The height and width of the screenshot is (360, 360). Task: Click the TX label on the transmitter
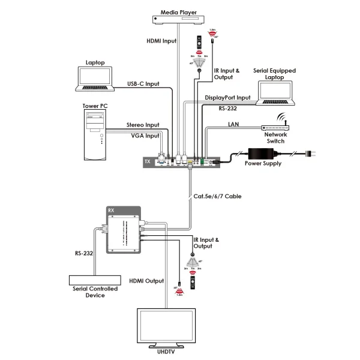coord(148,161)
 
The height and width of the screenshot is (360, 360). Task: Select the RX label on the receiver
coord(111,210)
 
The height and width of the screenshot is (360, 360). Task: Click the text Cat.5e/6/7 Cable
coord(217,196)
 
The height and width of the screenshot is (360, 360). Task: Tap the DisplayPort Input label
coord(227,97)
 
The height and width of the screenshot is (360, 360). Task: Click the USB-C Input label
coord(143,83)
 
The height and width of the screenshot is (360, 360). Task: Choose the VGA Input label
coord(145,136)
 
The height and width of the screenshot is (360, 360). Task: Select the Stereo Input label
coord(143,125)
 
